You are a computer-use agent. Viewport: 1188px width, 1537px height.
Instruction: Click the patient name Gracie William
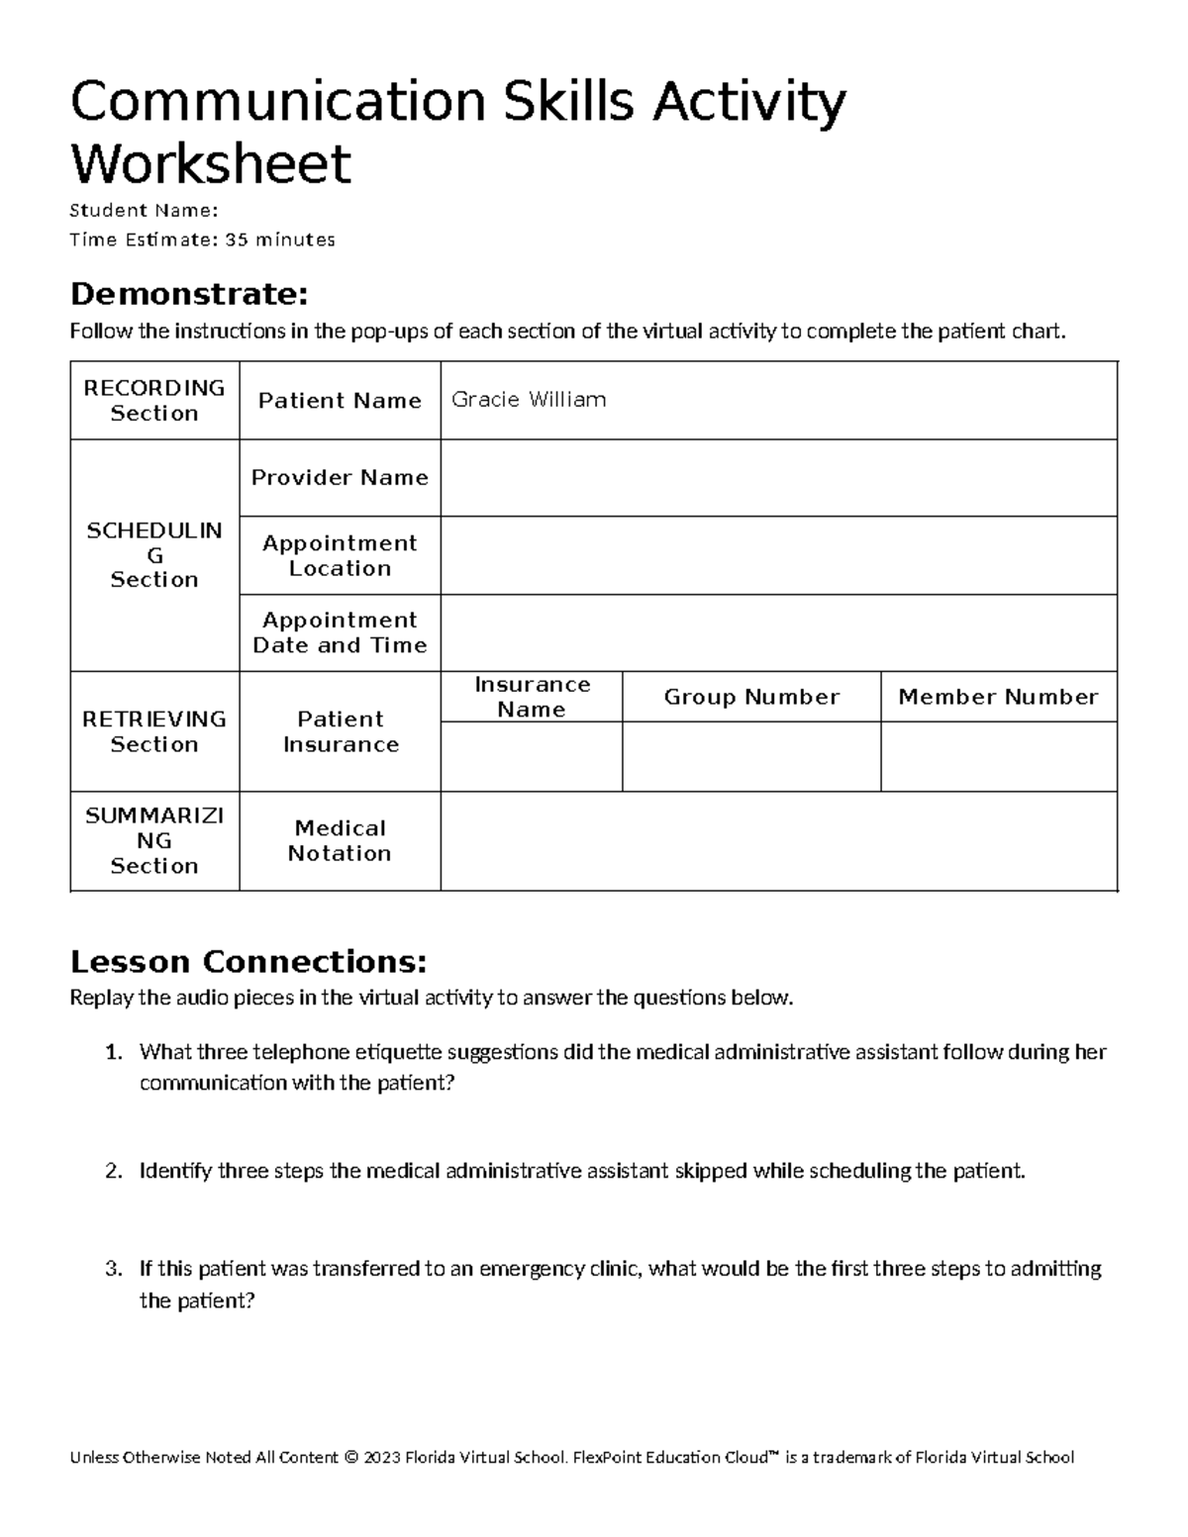(529, 400)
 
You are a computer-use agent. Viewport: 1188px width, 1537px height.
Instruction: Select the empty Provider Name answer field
(778, 478)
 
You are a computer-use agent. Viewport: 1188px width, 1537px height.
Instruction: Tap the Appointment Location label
(340, 555)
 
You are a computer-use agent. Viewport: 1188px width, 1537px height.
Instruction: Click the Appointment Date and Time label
(340, 632)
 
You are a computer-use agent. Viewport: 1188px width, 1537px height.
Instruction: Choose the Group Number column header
(751, 697)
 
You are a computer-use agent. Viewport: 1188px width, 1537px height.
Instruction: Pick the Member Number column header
(998, 697)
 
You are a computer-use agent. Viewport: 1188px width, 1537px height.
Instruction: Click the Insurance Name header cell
(532, 697)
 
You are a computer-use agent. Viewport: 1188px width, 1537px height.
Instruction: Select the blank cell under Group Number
(751, 756)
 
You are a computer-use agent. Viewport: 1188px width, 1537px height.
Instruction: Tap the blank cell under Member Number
(998, 756)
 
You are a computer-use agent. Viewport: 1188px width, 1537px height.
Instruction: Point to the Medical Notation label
(340, 840)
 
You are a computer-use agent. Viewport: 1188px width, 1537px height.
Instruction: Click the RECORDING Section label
(154, 400)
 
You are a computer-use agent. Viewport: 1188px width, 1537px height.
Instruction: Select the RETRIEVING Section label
(154, 731)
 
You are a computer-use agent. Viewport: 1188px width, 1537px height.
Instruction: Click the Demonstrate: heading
(189, 294)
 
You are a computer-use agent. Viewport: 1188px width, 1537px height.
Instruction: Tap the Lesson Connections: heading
(248, 961)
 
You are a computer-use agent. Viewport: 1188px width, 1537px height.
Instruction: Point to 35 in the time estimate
(237, 240)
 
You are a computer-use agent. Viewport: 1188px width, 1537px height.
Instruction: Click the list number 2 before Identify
(113, 1172)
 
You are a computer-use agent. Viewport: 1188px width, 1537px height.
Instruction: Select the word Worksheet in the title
(211, 163)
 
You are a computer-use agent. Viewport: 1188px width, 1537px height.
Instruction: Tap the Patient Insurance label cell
(340, 731)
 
